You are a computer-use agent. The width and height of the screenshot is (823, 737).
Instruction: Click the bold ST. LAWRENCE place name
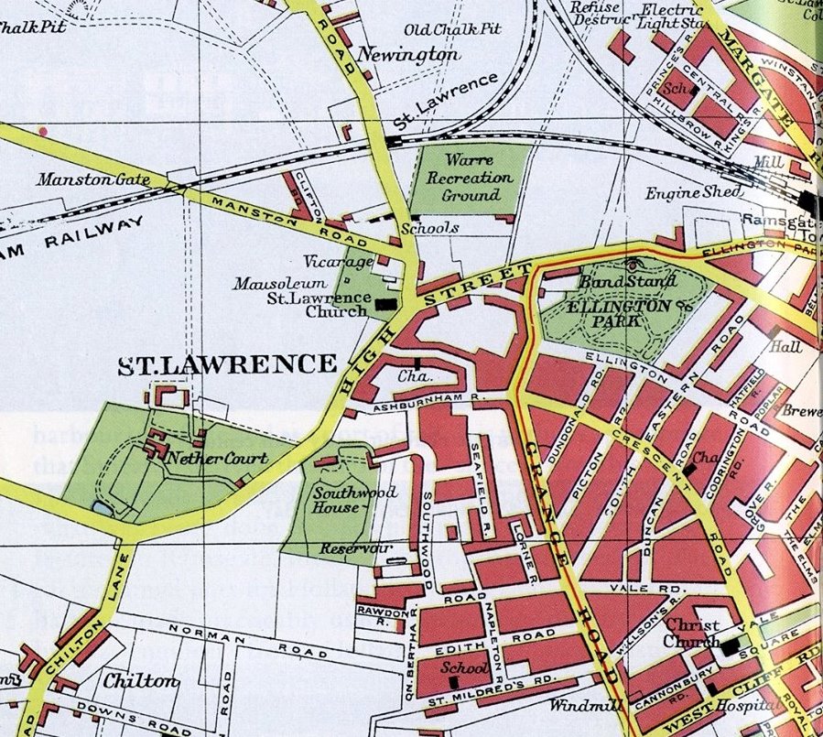227,365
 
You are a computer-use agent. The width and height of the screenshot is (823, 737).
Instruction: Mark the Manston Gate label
92,179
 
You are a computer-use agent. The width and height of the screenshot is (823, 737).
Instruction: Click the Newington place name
407,55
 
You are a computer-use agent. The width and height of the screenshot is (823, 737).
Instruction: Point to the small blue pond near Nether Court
100,506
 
